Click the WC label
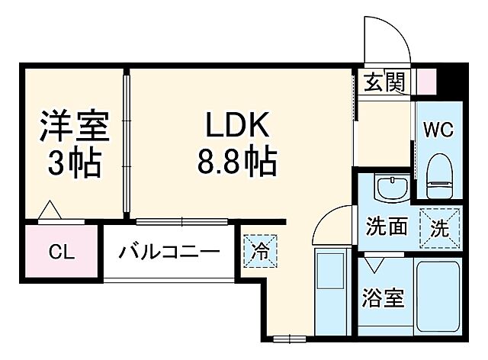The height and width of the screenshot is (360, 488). pyautogui.click(x=438, y=130)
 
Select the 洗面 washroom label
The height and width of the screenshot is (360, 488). pyautogui.click(x=387, y=227)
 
